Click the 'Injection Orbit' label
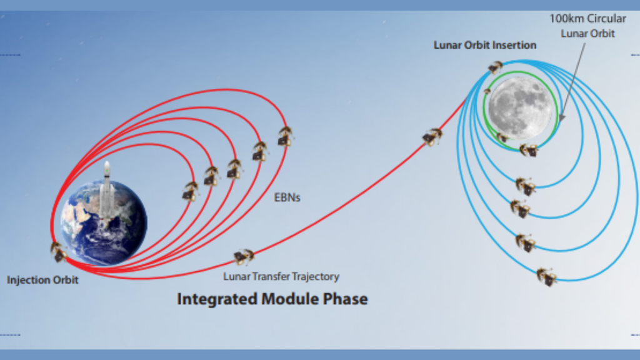42,280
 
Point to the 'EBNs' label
287,197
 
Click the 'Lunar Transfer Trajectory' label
281,276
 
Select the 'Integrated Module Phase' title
272,299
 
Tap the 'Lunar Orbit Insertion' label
485,45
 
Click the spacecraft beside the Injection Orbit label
59,251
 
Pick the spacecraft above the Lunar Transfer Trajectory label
243,256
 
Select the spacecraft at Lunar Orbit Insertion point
496,67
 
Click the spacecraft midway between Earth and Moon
432,136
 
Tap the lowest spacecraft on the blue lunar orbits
547,276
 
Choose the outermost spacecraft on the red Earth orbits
286,136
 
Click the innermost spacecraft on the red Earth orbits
190,191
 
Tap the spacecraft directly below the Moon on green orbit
528,150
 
